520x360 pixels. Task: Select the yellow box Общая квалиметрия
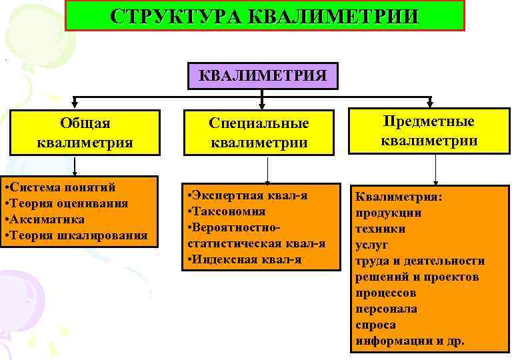tap(85, 132)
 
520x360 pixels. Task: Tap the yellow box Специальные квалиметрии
tap(259, 133)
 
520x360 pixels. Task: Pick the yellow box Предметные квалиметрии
tap(429, 131)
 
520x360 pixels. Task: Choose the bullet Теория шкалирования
tap(77, 235)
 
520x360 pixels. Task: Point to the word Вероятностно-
tap(235, 227)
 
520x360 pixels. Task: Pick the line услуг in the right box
tap(371, 245)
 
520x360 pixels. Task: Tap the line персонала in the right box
tap(386, 309)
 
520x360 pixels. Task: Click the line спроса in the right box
tap(375, 325)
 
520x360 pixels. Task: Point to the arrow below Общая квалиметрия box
tap(75, 167)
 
